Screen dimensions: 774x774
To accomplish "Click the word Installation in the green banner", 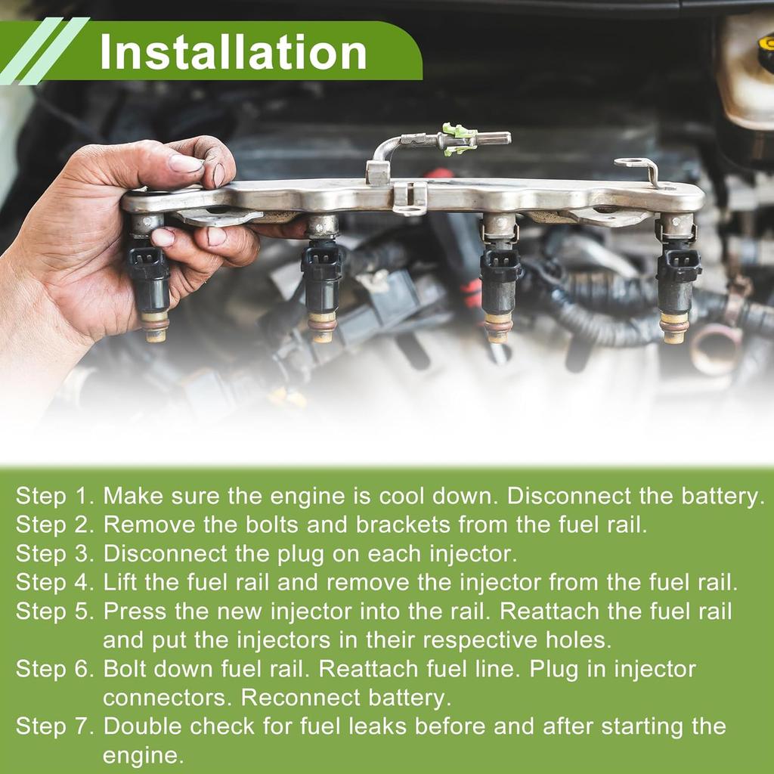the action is [x=233, y=52].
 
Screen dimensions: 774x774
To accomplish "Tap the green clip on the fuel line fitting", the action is [x=460, y=139].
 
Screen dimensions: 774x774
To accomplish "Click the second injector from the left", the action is [x=321, y=279].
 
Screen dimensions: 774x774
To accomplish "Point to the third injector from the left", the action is [x=500, y=278].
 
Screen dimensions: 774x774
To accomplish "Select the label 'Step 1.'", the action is [x=54, y=496].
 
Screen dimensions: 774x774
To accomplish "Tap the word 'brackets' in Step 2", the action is [x=403, y=525].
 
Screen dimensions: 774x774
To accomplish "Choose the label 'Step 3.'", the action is [x=54, y=553].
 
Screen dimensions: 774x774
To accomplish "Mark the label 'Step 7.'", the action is [x=54, y=726].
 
